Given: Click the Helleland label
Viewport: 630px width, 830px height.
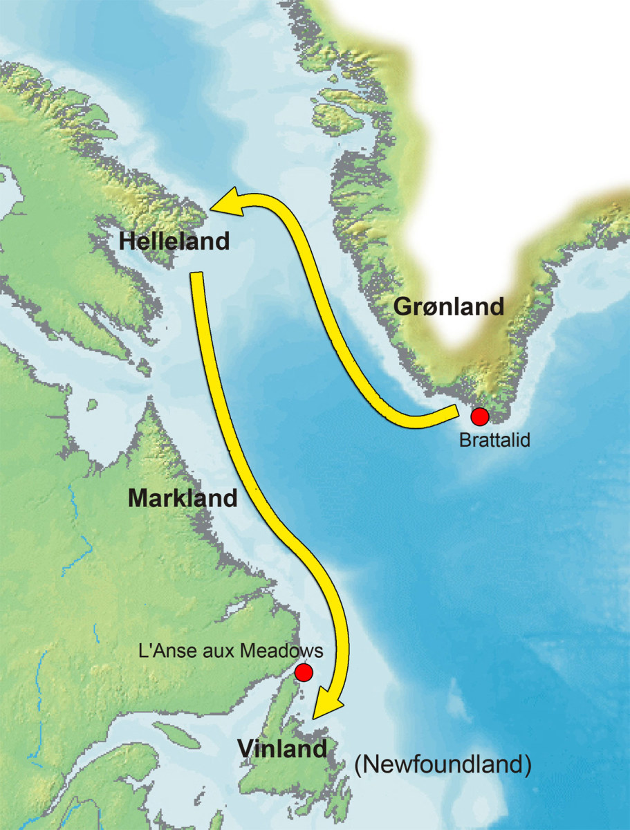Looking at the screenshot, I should (174, 241).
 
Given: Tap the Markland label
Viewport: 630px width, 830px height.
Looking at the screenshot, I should (183, 498).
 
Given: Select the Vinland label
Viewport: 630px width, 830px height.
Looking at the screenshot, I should (281, 748).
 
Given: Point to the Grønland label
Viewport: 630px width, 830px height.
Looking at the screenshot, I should (449, 306).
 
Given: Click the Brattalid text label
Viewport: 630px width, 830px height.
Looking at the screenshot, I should (494, 440).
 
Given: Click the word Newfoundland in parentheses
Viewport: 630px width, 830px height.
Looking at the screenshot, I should (443, 766).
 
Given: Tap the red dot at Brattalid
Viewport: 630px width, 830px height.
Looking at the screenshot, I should (479, 416).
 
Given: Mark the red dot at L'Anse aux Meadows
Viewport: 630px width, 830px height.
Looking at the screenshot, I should (304, 672).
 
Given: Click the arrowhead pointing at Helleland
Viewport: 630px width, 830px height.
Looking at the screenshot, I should (225, 201).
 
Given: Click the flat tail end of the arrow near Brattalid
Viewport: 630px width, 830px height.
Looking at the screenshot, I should (455, 414).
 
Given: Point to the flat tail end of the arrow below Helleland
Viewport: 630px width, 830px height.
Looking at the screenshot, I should (197, 276).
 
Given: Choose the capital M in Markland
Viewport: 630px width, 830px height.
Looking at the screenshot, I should (136, 498).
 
